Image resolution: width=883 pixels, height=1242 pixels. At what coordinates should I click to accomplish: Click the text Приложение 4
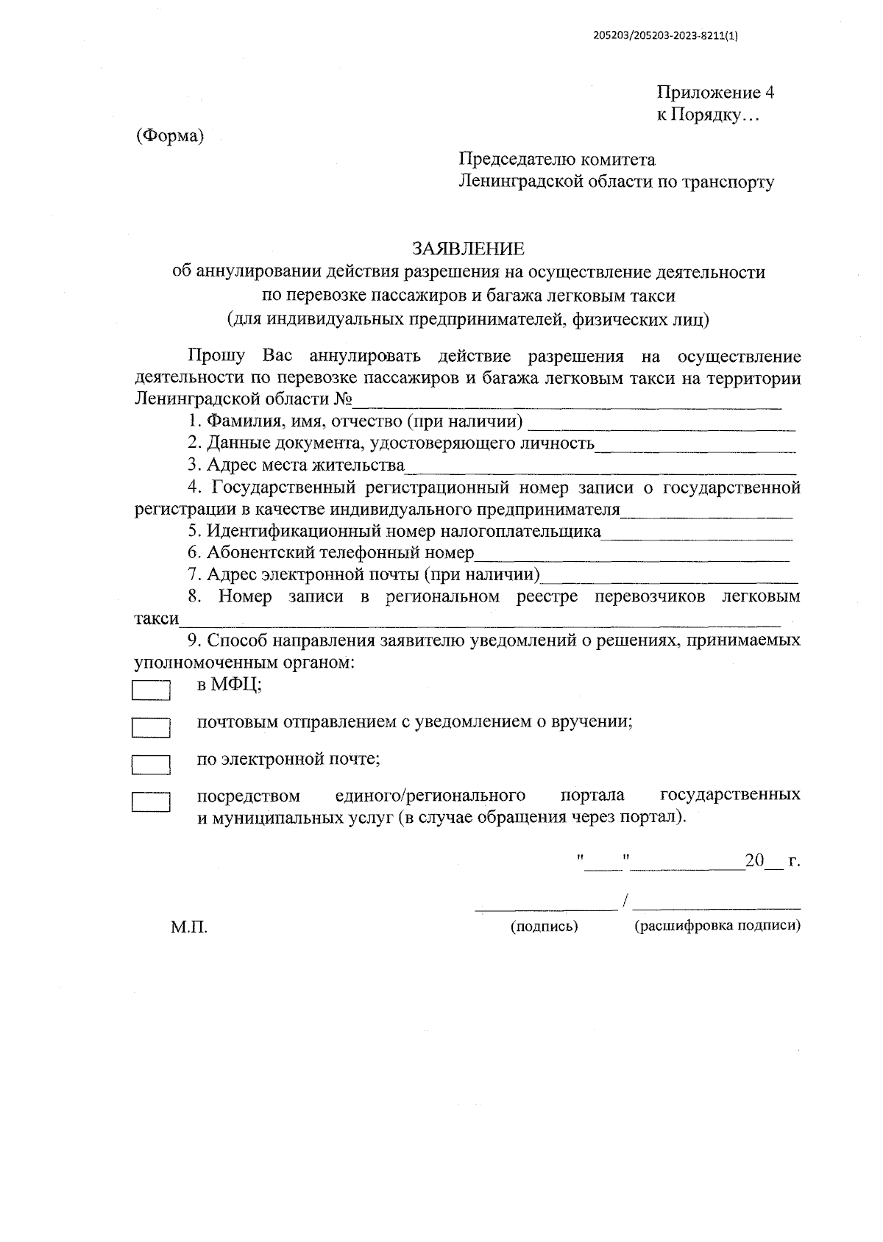pyautogui.click(x=715, y=93)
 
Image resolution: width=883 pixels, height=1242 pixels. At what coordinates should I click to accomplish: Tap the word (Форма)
pyautogui.click(x=169, y=136)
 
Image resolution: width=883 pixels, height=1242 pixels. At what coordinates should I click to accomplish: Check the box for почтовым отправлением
pyautogui.click(x=151, y=727)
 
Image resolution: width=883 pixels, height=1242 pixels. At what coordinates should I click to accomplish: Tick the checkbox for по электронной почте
pyautogui.click(x=151, y=764)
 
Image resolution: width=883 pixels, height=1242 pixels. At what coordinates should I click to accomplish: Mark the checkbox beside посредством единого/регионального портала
pyautogui.click(x=151, y=801)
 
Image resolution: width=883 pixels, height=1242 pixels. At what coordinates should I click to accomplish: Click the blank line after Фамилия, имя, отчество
pyautogui.click(x=662, y=424)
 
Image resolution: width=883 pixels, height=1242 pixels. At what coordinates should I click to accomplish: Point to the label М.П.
pyautogui.click(x=189, y=928)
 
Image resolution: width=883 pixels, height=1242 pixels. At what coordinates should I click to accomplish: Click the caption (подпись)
pyautogui.click(x=545, y=927)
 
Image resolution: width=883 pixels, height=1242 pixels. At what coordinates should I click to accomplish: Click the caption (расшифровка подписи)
pyautogui.click(x=717, y=926)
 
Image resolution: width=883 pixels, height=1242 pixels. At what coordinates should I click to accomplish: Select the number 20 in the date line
pyautogui.click(x=755, y=860)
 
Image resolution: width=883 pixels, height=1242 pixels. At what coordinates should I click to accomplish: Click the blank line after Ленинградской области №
pyautogui.click(x=567, y=402)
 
